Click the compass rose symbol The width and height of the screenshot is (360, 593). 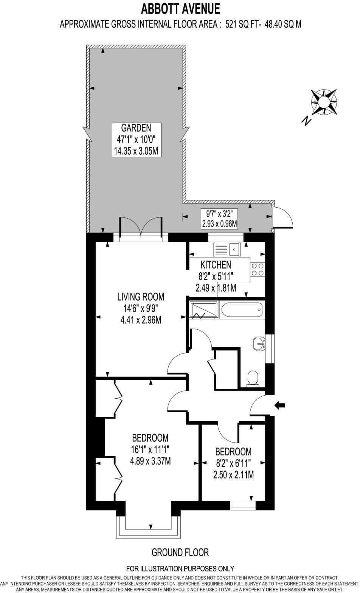tap(324, 102)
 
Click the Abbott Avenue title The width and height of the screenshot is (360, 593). tap(180, 8)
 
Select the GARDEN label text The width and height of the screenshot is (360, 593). tap(136, 127)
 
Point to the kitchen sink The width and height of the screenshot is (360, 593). tap(227, 249)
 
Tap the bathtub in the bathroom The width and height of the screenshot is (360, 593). tap(241, 311)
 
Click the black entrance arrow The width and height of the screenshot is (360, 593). tap(279, 405)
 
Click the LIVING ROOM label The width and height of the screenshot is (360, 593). tap(141, 296)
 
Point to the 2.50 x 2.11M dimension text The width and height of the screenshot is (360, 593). tap(233, 475)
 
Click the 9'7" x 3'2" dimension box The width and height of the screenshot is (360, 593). tap(219, 219)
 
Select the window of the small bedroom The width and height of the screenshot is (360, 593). tap(243, 505)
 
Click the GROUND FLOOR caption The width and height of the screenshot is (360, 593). tap(180, 552)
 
